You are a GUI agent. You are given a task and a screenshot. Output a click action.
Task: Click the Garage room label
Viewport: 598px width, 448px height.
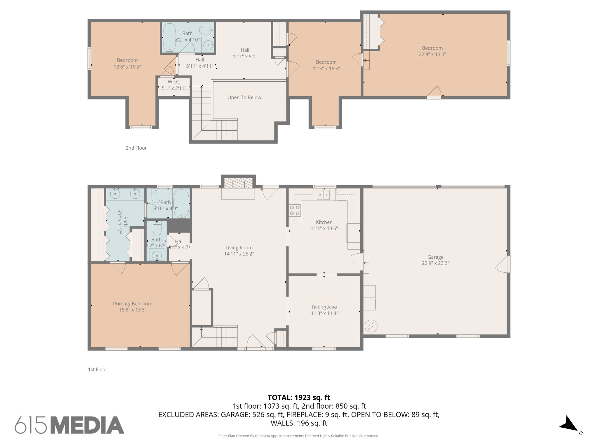click(435, 257)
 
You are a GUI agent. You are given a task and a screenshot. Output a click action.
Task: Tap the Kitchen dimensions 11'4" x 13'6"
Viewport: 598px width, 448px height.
click(324, 228)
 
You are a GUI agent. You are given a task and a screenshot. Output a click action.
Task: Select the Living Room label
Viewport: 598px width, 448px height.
click(239, 248)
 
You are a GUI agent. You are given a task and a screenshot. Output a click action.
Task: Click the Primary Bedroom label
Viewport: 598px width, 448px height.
click(133, 304)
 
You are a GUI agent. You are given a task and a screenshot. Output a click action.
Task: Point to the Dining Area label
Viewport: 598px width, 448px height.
click(324, 307)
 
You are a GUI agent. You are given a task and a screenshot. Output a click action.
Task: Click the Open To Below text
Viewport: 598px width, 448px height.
click(244, 97)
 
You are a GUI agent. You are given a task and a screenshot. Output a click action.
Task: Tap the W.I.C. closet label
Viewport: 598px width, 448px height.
click(174, 82)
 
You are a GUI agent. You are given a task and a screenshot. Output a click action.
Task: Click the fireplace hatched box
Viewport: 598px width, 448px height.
click(238, 183)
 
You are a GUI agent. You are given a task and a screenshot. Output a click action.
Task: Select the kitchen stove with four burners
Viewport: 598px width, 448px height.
click(295, 210)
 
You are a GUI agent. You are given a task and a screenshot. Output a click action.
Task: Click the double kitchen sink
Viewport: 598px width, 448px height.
click(324, 194)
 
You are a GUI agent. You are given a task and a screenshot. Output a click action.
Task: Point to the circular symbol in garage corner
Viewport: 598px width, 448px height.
click(371, 326)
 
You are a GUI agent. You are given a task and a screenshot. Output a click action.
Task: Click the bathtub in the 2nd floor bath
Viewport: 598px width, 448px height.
click(169, 38)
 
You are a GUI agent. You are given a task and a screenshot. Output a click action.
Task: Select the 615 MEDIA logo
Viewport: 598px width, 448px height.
click(69, 425)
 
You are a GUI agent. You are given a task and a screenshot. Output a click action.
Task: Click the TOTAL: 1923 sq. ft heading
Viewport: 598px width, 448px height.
click(299, 398)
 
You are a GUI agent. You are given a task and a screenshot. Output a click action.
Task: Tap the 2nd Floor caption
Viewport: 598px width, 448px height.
click(136, 148)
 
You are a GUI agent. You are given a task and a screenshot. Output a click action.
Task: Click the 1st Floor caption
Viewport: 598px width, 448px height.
click(98, 370)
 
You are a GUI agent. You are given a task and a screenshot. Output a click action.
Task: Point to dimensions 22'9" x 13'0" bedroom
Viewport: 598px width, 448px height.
click(432, 54)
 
